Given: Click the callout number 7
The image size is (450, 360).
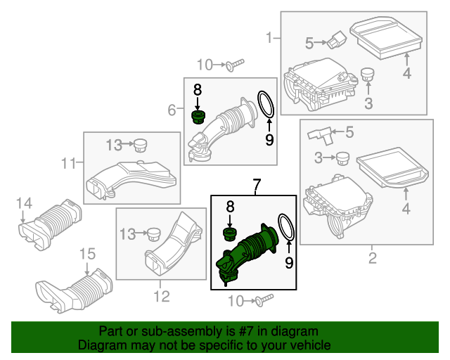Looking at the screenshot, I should point(257,186).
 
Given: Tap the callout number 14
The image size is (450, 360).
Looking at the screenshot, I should point(24,204).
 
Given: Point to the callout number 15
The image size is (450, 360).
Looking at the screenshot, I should point(86,253).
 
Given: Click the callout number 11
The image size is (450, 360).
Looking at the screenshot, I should point(67,164).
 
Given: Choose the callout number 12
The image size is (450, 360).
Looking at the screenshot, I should point(161,297).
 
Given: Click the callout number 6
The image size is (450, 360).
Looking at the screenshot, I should point(172,110).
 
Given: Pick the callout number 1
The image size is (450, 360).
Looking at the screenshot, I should point(269,37).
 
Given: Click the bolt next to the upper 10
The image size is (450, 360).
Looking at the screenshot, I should point(234,65).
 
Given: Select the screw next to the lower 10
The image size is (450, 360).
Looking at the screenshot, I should point(263,301).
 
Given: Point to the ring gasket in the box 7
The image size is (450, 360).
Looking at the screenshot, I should point(285,229).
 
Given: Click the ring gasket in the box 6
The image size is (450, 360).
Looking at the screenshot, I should point(264,104).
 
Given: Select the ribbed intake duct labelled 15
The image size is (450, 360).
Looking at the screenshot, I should point(77,289).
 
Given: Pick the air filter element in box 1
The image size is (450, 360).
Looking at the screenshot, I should point(384,38).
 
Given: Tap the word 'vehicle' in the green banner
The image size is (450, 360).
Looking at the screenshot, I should point(307,346).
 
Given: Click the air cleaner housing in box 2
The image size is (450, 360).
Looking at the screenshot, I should point(334,207).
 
